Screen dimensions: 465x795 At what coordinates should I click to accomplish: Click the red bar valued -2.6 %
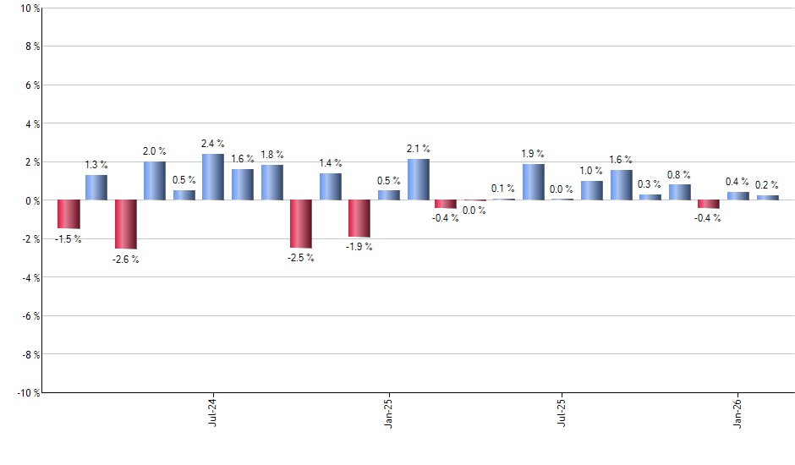tap(126, 224)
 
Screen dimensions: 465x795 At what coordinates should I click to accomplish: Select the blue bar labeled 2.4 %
tap(213, 178)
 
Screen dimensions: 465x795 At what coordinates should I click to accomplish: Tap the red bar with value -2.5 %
tap(301, 224)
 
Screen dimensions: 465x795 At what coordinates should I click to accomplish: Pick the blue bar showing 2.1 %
tap(418, 180)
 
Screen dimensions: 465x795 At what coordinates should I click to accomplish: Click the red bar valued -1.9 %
tap(359, 218)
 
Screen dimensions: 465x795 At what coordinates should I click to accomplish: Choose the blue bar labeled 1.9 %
tap(534, 182)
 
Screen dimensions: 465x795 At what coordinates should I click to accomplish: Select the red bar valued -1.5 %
tap(69, 214)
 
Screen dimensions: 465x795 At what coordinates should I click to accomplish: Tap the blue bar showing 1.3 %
tap(96, 188)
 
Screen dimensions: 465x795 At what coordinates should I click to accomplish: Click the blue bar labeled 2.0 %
tap(155, 181)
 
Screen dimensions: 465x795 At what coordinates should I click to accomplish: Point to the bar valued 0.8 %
tap(680, 193)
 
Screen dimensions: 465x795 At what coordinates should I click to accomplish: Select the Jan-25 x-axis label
tap(387, 410)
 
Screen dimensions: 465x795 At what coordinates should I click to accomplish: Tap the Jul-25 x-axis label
tap(562, 410)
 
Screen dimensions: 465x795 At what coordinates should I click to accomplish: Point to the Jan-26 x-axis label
tap(738, 410)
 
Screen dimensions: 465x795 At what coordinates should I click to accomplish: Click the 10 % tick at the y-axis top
tap(29, 8)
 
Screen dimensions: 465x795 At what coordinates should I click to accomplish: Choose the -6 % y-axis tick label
tap(29, 315)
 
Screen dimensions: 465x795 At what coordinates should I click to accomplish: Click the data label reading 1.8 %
tap(272, 155)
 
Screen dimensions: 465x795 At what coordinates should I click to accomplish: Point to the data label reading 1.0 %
tap(591, 171)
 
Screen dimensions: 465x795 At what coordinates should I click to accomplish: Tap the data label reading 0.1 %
tap(502, 189)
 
